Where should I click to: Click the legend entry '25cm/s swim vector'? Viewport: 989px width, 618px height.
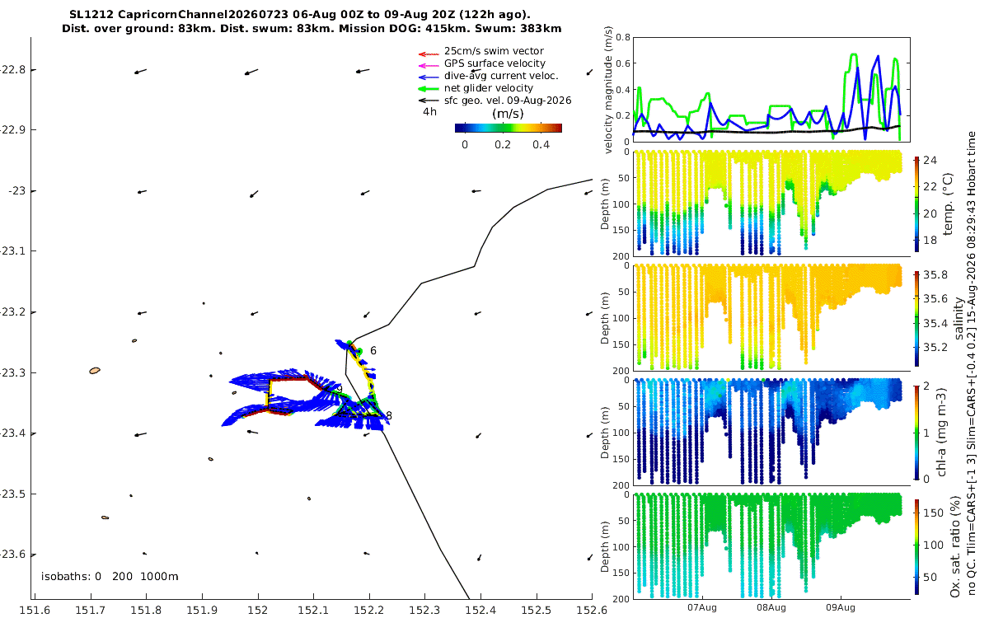[x=494, y=51]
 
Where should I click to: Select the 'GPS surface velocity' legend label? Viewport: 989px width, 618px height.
[x=494, y=63]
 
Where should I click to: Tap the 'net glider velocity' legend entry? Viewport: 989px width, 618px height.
[x=488, y=88]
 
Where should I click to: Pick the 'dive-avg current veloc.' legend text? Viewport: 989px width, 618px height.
[x=501, y=76]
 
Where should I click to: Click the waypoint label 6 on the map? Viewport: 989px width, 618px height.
[x=373, y=350]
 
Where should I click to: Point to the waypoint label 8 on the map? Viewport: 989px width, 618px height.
[x=389, y=416]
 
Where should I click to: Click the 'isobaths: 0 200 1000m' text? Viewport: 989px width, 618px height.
[x=110, y=577]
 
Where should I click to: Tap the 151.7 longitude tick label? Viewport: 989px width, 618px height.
[x=91, y=610]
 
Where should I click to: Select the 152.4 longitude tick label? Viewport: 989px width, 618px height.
[x=480, y=610]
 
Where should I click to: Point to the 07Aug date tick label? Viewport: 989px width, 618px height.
[x=701, y=607]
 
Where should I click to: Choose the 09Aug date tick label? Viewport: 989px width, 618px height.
[x=840, y=607]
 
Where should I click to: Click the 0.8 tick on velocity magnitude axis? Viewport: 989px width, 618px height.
[x=623, y=37]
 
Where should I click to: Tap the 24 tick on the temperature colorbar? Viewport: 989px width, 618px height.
[x=930, y=160]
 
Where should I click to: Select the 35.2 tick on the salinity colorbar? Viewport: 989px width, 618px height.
[x=935, y=348]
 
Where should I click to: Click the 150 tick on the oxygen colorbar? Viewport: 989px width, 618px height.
[x=933, y=513]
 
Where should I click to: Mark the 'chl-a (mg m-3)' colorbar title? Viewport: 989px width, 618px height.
[x=941, y=433]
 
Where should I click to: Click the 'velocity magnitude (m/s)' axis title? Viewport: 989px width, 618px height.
[x=608, y=90]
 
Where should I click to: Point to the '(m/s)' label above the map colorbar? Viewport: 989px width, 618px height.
[x=508, y=114]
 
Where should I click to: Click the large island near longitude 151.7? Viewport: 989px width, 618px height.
[x=95, y=371]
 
